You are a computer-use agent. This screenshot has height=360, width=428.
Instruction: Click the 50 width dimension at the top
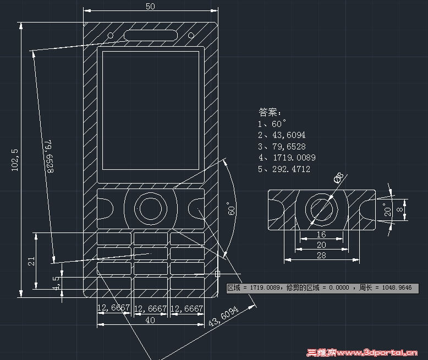point(150,7)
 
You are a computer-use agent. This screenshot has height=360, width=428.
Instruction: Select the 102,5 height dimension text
point(15,159)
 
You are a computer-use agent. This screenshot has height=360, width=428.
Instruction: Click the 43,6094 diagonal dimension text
point(223,317)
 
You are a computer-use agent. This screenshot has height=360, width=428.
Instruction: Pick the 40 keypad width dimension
point(150,320)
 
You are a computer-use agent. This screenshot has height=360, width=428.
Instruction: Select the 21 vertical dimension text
point(31,261)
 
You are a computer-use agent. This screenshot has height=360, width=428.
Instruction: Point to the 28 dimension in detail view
point(321,255)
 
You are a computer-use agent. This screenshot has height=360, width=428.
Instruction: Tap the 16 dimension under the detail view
point(321,234)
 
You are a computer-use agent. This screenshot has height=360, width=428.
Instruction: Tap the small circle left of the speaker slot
point(111,36)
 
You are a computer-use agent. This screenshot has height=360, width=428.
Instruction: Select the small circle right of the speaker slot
point(191,36)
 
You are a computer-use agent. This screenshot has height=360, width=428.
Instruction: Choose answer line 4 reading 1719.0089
point(287,158)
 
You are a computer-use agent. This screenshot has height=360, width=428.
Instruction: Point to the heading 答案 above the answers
point(270,113)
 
